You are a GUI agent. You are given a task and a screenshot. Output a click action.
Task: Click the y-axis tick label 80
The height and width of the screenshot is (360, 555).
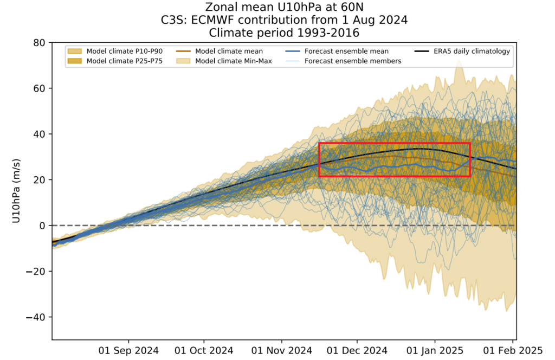pos(38,42)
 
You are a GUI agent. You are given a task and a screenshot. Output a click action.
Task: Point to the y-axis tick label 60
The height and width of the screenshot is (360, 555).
pos(38,88)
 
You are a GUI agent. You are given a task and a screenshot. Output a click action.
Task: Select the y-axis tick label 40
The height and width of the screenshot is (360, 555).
pos(38,134)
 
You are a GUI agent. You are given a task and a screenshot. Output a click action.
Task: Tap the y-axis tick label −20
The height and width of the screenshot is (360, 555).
pos(36,271)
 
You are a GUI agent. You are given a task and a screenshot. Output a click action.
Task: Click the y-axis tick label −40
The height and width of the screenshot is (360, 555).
pos(36,317)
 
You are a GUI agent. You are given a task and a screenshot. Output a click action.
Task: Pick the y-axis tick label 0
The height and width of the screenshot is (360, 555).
pos(42,226)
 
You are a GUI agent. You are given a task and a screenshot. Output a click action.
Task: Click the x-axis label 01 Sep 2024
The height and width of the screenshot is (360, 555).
pos(128,350)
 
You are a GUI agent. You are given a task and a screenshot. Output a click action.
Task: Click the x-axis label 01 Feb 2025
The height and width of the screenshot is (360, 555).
pos(512,350)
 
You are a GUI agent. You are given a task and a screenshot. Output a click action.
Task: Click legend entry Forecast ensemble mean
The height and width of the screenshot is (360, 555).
pos(346,52)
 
